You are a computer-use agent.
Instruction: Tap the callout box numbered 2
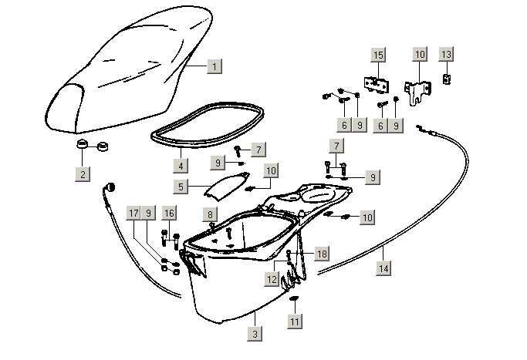pos(83,174)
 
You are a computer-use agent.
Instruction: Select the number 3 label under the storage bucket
pos(254,334)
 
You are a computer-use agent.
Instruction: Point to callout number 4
pos(180,165)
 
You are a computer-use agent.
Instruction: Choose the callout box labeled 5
pos(180,186)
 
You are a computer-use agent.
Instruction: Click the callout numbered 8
pos(209,214)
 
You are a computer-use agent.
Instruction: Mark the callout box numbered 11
pos(294,321)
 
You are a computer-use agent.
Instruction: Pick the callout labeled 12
pos(272,278)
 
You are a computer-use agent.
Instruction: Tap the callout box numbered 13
pos(447,55)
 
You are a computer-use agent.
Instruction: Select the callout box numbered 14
pos(383,268)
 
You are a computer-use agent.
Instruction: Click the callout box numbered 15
pos(378,55)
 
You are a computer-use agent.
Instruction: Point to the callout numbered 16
pos(169,214)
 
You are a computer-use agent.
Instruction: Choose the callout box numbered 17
pos(133,214)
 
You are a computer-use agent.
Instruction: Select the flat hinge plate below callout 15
pos(376,82)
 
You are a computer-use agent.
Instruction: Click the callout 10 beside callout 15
pos(420,55)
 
